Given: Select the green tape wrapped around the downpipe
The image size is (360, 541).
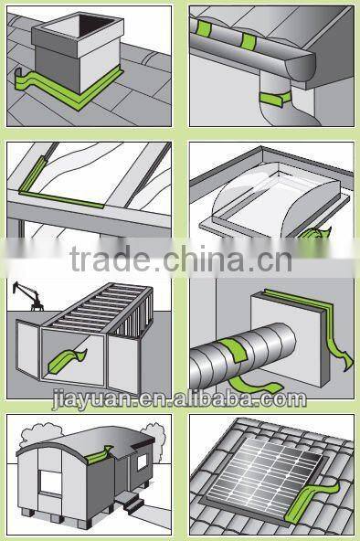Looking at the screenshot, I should [x=271, y=96].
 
